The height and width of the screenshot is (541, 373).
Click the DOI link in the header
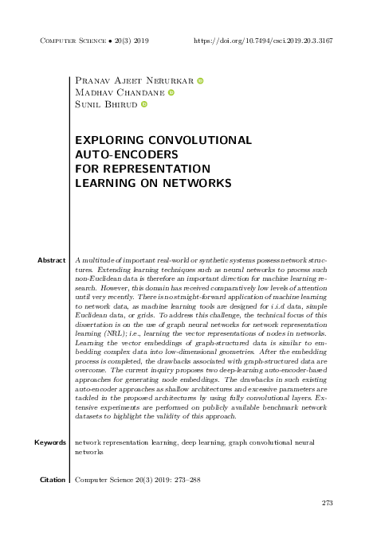(x=263, y=39)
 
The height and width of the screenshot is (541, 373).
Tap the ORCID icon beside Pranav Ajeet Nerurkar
(x=200, y=81)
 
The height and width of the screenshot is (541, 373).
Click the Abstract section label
(x=51, y=260)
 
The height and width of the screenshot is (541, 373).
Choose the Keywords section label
(x=49, y=442)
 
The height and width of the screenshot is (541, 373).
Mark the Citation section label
(x=52, y=481)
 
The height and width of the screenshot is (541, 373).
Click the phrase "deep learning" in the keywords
(x=203, y=442)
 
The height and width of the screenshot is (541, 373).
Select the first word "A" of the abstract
(x=76, y=260)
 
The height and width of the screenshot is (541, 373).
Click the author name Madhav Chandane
(x=118, y=92)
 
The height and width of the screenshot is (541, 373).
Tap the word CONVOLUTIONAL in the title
(x=202, y=140)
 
